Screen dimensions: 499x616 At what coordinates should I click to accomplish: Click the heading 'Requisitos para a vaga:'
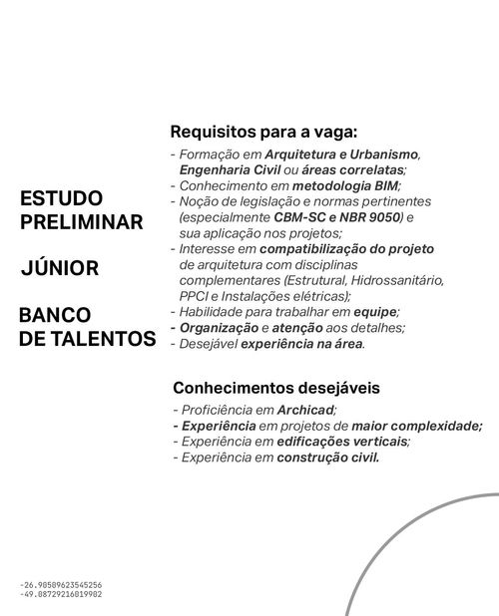click(x=263, y=132)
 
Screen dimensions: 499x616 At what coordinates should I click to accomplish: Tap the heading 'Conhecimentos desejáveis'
click(x=276, y=387)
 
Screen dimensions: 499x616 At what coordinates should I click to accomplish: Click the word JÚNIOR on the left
click(x=59, y=268)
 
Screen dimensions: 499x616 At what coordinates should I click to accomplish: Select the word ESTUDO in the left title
click(x=61, y=199)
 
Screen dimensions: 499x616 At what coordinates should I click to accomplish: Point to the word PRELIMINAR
click(x=82, y=222)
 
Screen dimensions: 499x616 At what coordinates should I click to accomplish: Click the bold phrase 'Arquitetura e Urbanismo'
click(x=342, y=155)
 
